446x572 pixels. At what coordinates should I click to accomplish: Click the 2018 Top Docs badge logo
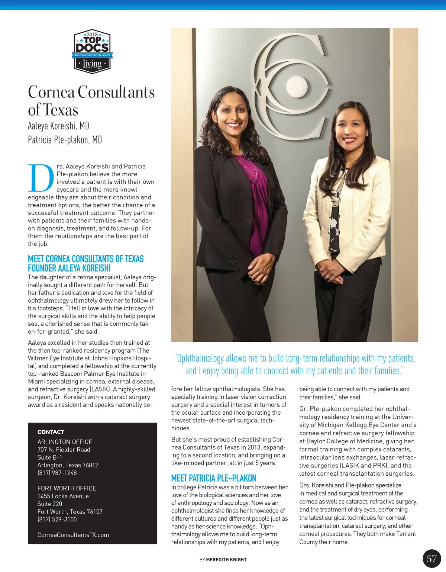(x=92, y=51)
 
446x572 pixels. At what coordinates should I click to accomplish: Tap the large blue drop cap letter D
(x=41, y=178)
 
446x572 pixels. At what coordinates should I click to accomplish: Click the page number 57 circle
(x=432, y=558)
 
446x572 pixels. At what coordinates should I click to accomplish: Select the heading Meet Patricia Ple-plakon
(x=214, y=478)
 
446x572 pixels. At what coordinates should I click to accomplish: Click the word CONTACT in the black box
(x=51, y=432)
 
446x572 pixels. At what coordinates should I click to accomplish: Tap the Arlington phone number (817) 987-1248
(x=57, y=473)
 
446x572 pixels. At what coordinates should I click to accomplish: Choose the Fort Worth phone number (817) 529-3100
(x=57, y=519)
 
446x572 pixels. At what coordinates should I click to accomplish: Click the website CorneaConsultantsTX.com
(x=73, y=535)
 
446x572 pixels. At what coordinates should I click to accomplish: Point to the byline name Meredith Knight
(x=226, y=560)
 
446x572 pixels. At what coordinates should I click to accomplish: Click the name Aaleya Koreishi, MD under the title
(x=58, y=126)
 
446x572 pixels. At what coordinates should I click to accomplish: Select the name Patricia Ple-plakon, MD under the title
(x=65, y=140)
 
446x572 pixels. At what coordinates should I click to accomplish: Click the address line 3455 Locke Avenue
(x=63, y=496)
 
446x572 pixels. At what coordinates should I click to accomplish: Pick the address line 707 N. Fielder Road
(x=64, y=450)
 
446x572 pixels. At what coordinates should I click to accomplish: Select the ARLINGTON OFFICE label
(x=65, y=442)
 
